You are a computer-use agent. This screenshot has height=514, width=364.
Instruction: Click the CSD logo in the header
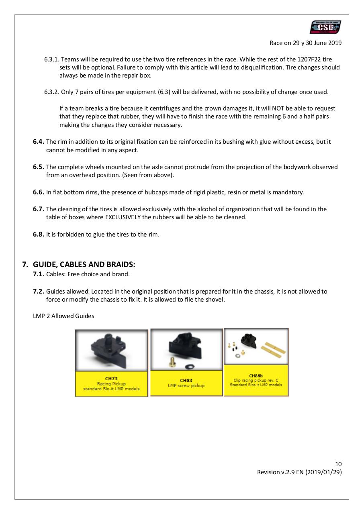point(325,27)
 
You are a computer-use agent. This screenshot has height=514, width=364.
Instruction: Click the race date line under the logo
point(306,43)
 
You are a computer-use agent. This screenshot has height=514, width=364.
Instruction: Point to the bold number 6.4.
point(39,142)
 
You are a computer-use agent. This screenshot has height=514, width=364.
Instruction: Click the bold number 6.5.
point(39,167)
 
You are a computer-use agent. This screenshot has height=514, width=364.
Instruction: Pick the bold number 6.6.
point(39,192)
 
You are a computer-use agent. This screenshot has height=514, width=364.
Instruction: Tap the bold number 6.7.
point(39,209)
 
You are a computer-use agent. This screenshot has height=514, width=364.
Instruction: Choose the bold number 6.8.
point(39,235)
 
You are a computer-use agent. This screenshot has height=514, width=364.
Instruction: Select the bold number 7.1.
point(39,274)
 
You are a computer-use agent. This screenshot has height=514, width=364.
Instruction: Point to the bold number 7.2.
point(39,292)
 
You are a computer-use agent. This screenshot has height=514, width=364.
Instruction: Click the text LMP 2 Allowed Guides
point(63,316)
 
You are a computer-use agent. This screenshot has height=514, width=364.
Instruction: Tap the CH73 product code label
point(111,378)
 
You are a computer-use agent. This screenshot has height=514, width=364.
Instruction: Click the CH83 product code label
point(186,380)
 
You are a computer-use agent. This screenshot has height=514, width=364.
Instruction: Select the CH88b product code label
point(256,376)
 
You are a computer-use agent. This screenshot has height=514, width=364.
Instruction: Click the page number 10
point(338,464)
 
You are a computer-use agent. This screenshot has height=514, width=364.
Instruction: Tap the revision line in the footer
point(299,472)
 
